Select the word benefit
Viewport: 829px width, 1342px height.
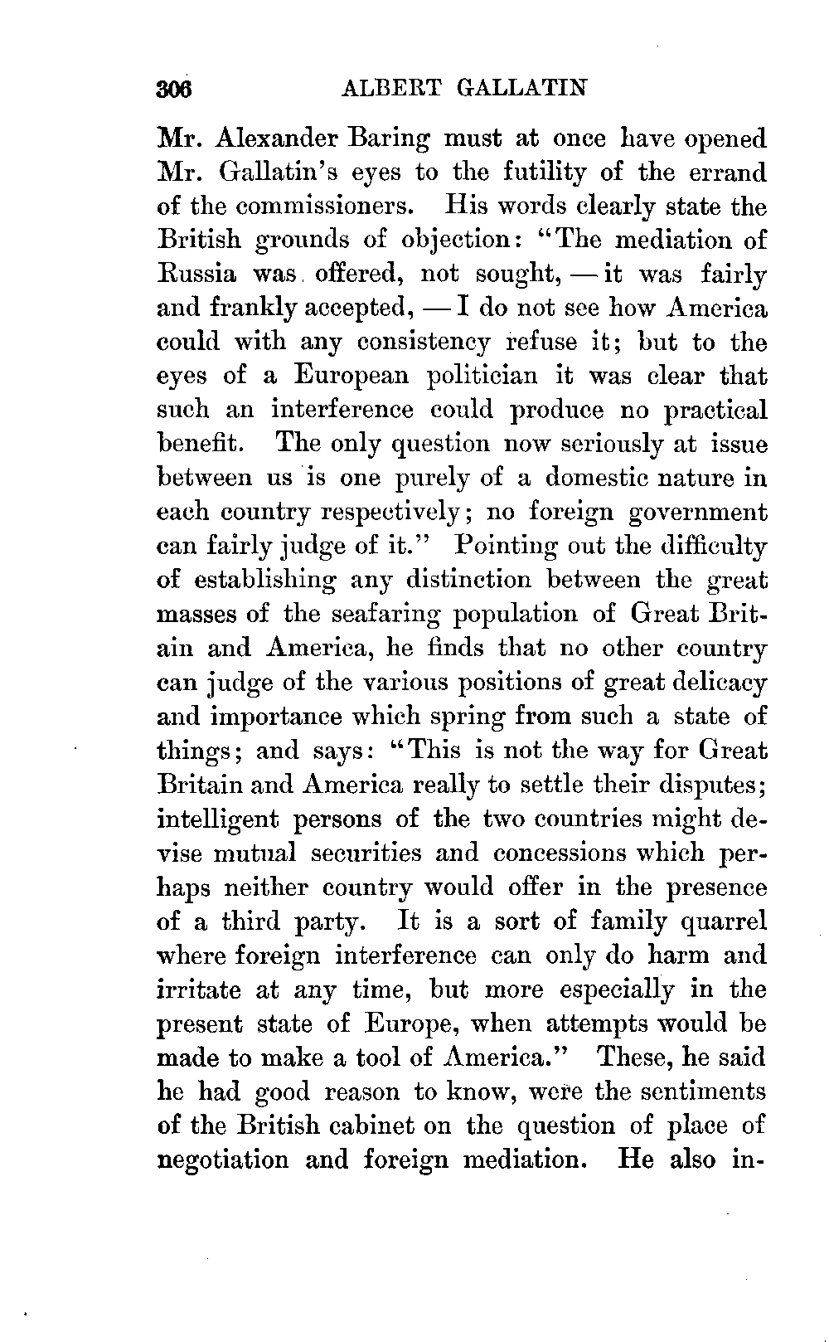[x=200, y=444]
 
